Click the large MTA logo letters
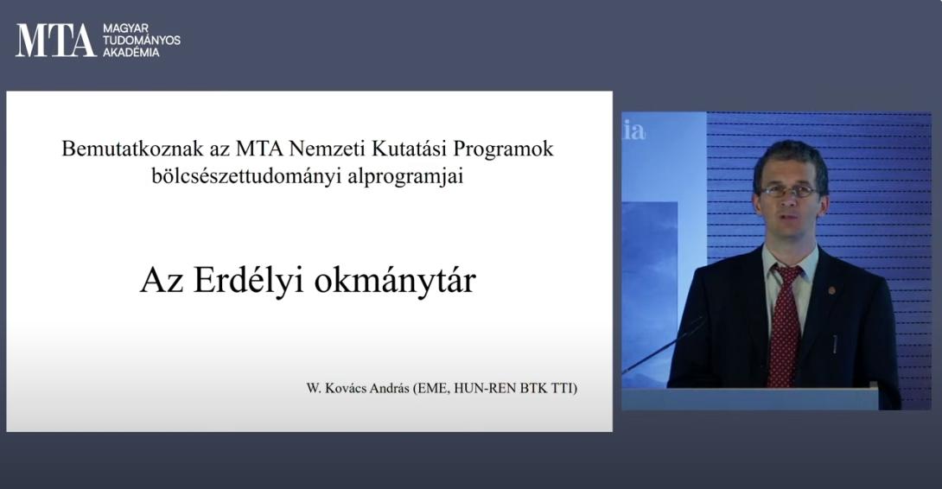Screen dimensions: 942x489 (56, 41)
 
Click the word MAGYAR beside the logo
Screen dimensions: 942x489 (125, 29)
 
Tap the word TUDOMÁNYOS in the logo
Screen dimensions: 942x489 (142, 41)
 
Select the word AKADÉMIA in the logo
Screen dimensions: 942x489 (131, 52)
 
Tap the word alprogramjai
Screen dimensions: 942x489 (405, 177)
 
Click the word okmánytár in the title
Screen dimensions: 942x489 (395, 281)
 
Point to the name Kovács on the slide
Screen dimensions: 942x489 (345, 388)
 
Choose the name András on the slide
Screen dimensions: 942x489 (389, 388)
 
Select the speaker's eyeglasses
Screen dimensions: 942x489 (789, 192)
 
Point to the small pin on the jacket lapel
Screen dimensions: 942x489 (831, 291)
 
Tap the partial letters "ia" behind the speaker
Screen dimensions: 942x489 (633, 131)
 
